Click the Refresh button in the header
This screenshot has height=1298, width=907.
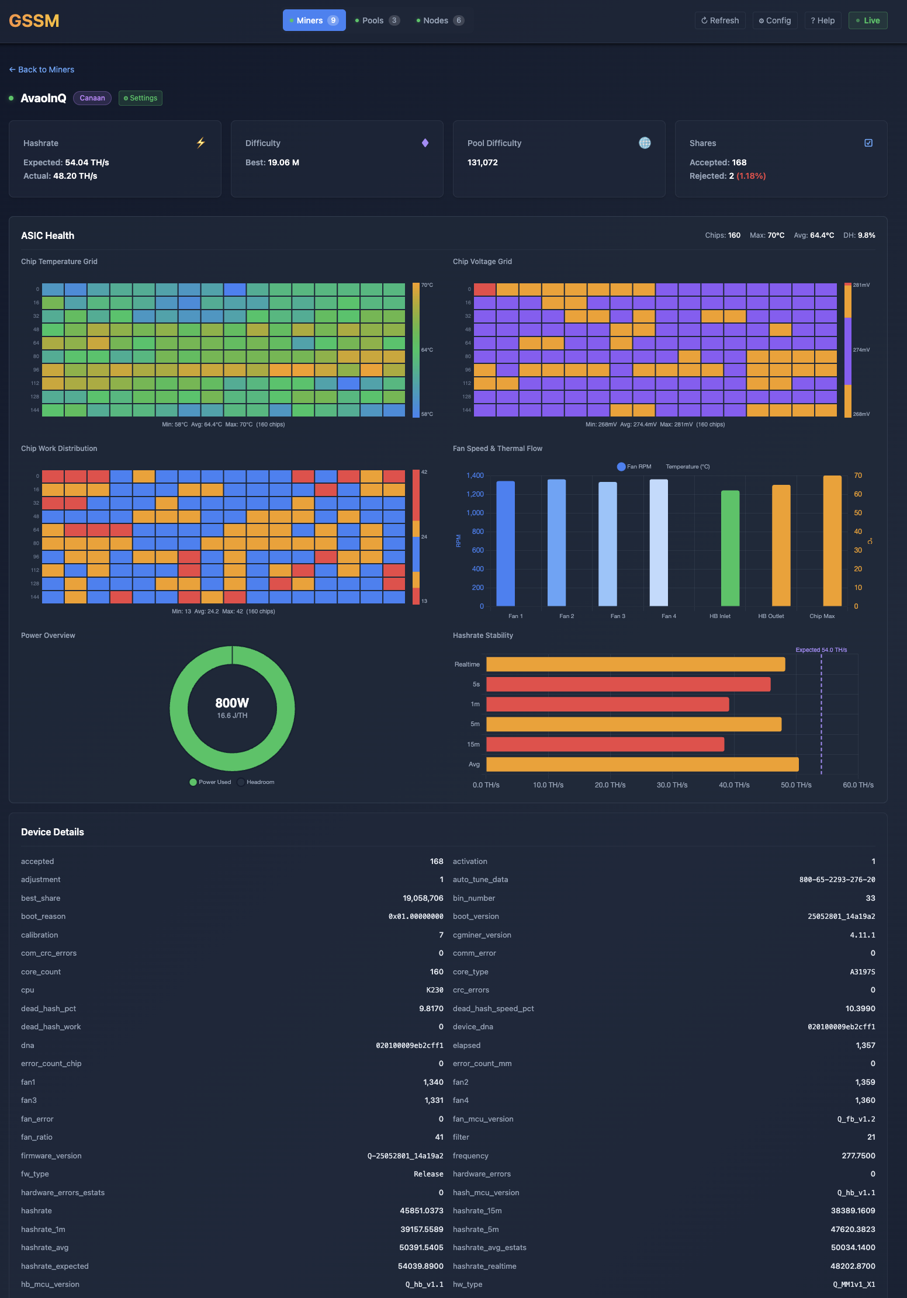720,20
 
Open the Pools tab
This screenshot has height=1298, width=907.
377,20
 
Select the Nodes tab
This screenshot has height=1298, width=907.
439,20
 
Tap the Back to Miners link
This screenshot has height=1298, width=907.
42,70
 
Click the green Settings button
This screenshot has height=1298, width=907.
140,98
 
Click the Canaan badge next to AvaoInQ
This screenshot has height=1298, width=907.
92,98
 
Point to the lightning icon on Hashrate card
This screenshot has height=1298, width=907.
201,143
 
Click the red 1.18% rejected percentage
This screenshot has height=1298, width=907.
751,176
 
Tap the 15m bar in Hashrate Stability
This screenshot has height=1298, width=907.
605,744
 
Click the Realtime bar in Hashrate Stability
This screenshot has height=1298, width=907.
635,664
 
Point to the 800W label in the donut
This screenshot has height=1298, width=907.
232,703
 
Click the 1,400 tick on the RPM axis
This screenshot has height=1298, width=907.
475,476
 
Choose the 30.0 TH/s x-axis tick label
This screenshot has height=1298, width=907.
672,785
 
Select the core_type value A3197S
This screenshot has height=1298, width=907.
862,972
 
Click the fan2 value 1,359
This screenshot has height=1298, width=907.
865,1082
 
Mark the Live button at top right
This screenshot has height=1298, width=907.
868,20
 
